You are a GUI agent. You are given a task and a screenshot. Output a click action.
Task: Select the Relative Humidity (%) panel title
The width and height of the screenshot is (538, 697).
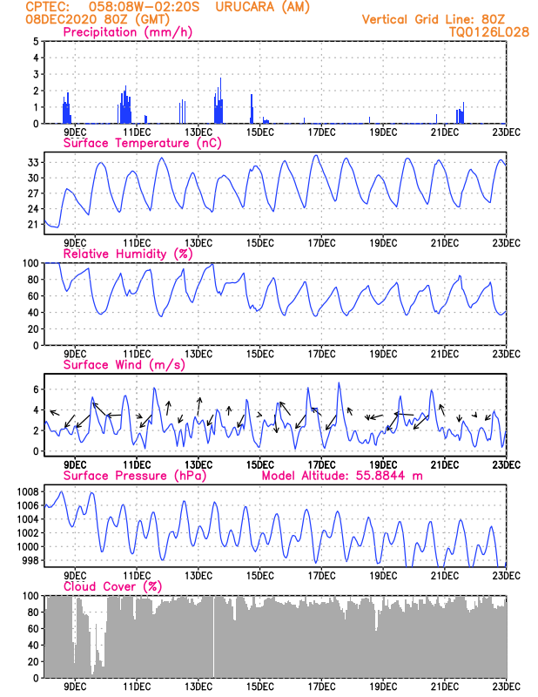point(127,254)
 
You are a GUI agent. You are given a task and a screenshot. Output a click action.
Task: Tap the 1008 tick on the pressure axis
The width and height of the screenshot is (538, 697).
point(26,491)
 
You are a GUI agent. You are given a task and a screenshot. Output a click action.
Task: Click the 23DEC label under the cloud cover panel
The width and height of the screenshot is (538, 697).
point(506,686)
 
